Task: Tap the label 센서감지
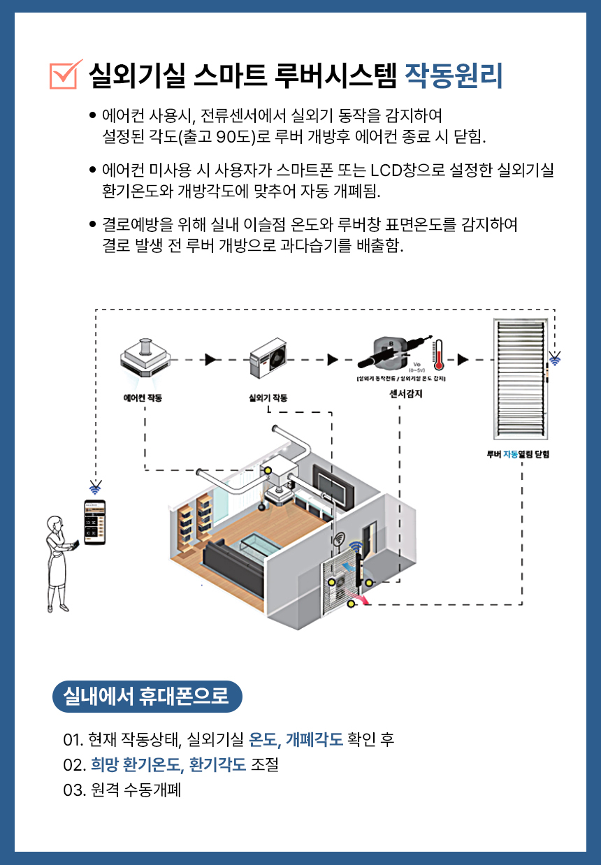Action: coord(405,394)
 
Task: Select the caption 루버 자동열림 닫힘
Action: coord(519,453)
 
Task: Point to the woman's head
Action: coord(55,525)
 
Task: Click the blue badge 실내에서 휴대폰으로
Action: coord(147,696)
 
